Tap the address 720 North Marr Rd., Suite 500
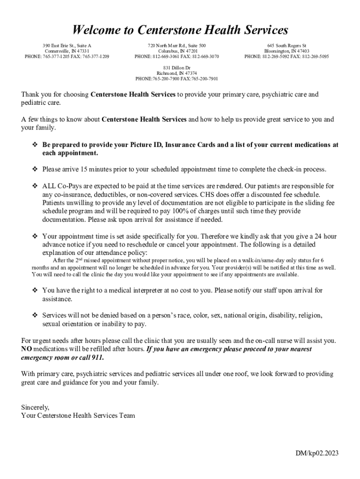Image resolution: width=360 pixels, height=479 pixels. pyautogui.click(x=176, y=45)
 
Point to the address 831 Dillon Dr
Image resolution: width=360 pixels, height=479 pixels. pyautogui.click(x=176, y=68)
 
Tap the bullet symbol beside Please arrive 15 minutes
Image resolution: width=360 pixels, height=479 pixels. pyautogui.click(x=35, y=169)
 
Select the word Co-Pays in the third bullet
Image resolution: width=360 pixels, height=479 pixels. pyautogui.click(x=70, y=186)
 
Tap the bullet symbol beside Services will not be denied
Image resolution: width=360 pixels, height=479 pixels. pyautogui.click(x=35, y=315)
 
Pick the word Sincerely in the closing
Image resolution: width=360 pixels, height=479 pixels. pyautogui.click(x=35, y=407)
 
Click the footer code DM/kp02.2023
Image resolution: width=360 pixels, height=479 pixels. pyautogui.click(x=317, y=453)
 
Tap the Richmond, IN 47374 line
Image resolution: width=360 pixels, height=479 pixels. pyautogui.click(x=177, y=73)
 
